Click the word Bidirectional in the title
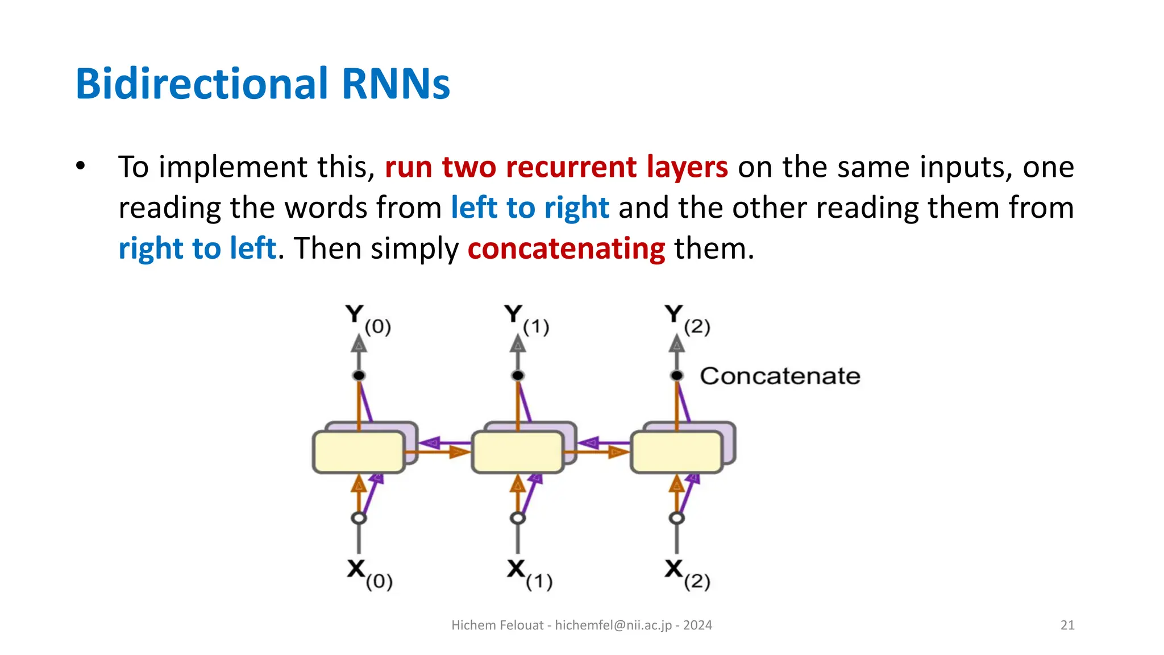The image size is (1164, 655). [x=202, y=84]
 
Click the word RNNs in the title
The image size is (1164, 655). [x=396, y=84]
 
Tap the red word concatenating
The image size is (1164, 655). [x=566, y=249]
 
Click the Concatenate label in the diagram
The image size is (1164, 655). [x=780, y=376]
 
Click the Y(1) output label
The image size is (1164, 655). [x=526, y=320]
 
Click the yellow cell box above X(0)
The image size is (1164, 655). [x=359, y=453]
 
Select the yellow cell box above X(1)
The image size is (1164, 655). [x=517, y=453]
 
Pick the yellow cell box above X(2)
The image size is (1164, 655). [x=676, y=453]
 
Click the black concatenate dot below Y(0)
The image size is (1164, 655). [x=359, y=375]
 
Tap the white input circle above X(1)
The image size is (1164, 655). [x=517, y=518]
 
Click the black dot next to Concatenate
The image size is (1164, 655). [x=676, y=375]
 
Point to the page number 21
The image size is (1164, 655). [x=1067, y=625]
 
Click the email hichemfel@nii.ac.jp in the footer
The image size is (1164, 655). [x=613, y=625]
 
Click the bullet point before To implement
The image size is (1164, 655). [x=81, y=167]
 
